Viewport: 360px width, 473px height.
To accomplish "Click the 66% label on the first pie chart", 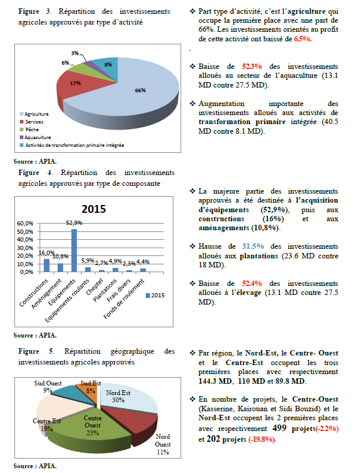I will click(140, 91).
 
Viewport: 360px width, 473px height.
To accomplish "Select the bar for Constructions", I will click(47, 265).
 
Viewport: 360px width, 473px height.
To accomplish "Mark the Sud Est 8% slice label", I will click(91, 386).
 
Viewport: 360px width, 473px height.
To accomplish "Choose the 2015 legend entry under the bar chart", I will click(157, 295).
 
